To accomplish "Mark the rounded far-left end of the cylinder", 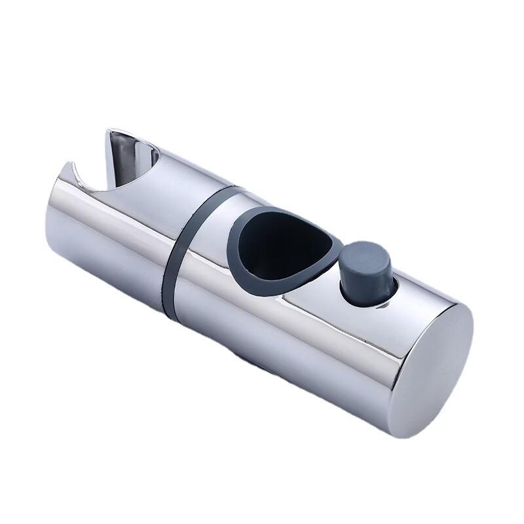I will pos(51,223).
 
